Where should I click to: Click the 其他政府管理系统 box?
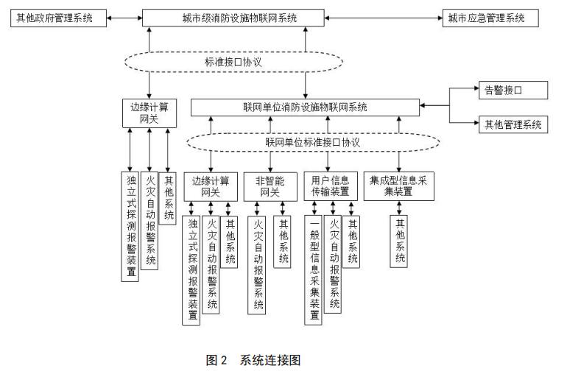pos(55,18)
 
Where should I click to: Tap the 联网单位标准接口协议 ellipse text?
pos(305,141)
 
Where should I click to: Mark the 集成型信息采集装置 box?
pos(399,186)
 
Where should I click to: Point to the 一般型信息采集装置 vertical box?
pos(313,269)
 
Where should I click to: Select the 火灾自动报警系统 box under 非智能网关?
pos(258,265)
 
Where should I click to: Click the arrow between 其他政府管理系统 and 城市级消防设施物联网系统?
pos(125,18)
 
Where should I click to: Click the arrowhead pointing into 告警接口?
pos(473,91)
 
